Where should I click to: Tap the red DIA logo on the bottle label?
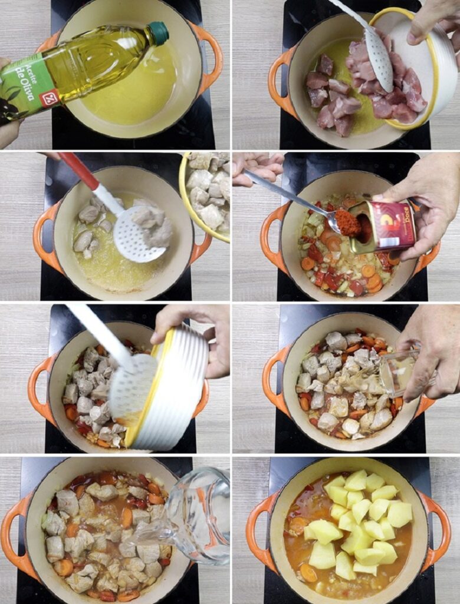pos(49,97)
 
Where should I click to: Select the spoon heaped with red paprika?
pos(345,221)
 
